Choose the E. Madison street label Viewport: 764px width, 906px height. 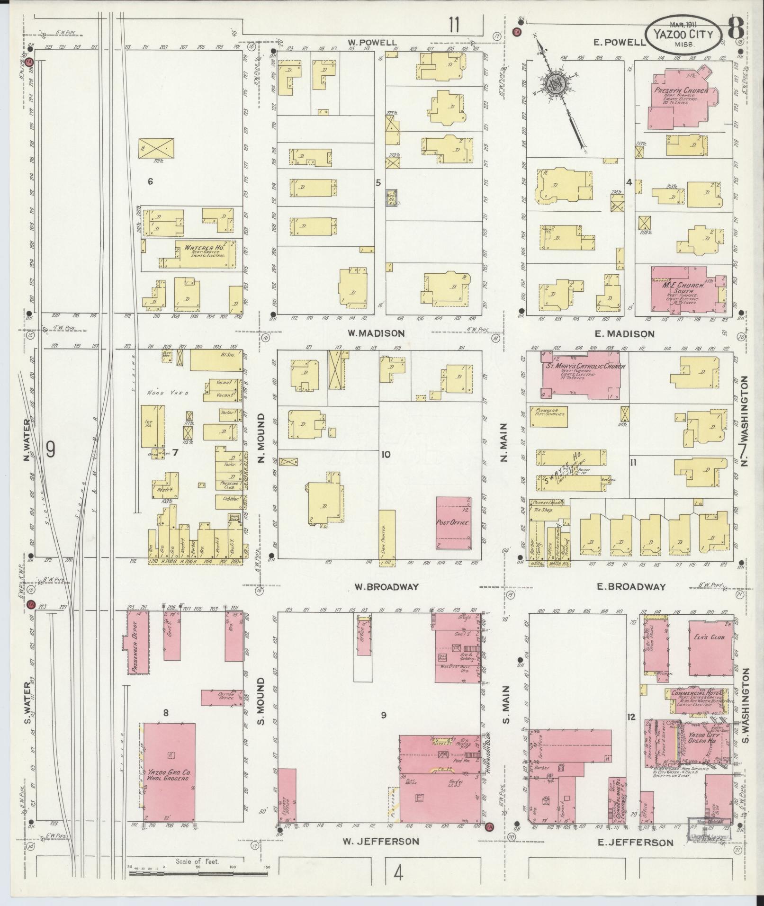tap(625, 334)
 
